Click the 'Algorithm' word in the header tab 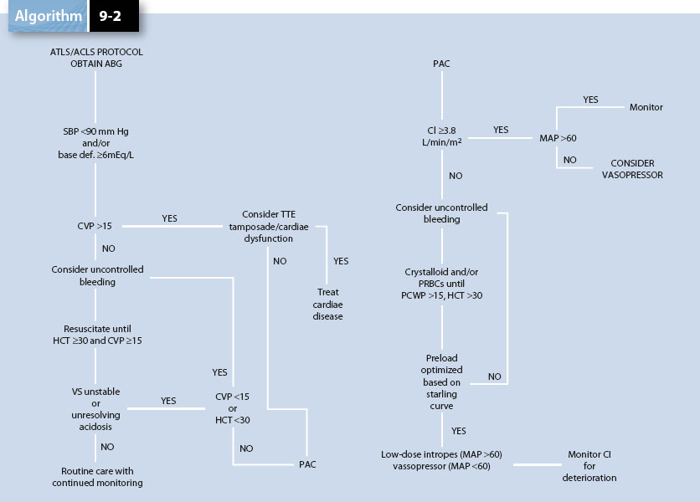[48, 17]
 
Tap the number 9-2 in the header [110, 17]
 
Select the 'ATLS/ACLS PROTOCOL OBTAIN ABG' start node [97, 58]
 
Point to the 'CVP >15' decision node [95, 226]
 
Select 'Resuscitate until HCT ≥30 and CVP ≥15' [97, 335]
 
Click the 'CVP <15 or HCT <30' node [232, 407]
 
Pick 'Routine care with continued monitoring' [97, 477]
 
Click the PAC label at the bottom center [307, 464]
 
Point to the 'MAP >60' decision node [557, 136]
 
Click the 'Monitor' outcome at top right [646, 107]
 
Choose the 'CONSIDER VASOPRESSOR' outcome [632, 169]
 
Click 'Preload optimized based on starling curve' [441, 382]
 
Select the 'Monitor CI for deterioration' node [590, 465]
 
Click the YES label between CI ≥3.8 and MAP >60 [501, 131]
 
